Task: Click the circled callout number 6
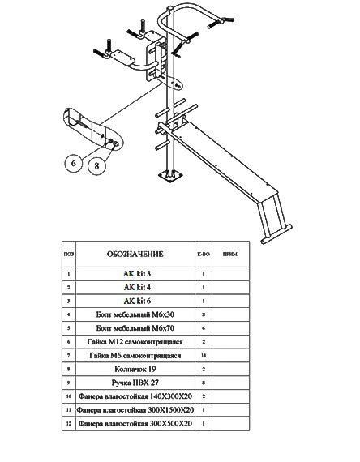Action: (x=74, y=163)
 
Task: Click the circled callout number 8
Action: (x=96, y=165)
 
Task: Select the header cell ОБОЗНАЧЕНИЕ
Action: (x=135, y=254)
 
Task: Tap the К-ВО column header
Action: (x=204, y=254)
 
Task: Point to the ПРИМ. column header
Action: (x=230, y=254)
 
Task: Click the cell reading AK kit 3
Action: (x=135, y=274)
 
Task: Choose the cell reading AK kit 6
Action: (x=135, y=302)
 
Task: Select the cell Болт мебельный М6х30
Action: (x=135, y=314)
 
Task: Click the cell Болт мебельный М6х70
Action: (x=135, y=328)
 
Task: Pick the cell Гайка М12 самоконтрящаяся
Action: (x=135, y=342)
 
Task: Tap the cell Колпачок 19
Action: (x=135, y=369)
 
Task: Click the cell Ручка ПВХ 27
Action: (x=135, y=383)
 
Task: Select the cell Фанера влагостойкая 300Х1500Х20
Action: (x=135, y=410)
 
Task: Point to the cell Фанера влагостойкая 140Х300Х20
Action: (x=135, y=396)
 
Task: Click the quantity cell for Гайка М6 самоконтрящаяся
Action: (x=204, y=356)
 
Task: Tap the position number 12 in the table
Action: (x=69, y=424)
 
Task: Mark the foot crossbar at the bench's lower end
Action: (x=276, y=234)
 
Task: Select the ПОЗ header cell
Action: (x=69, y=254)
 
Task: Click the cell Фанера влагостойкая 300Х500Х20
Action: (x=135, y=424)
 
